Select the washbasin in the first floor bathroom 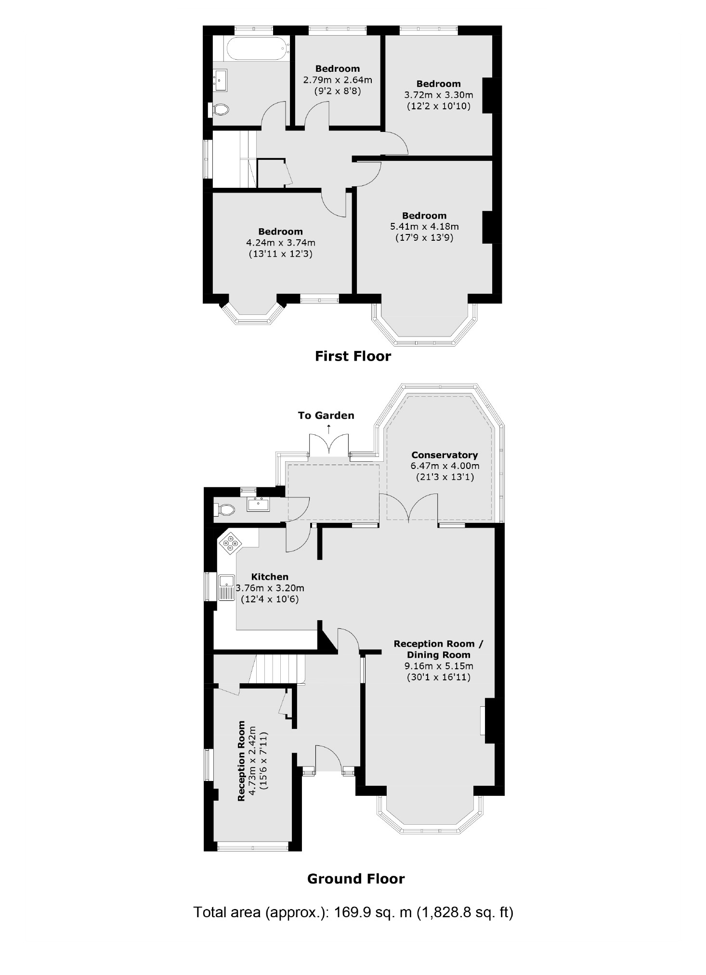click(221, 80)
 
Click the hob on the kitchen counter click(230, 543)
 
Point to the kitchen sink click(226, 587)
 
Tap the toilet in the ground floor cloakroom click(224, 509)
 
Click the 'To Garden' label click(326, 416)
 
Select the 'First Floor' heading click(353, 356)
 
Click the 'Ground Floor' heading click(356, 879)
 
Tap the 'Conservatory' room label click(444, 455)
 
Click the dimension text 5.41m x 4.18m click(424, 226)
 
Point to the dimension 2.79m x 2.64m click(337, 79)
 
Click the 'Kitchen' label click(270, 577)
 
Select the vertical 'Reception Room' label click(242, 761)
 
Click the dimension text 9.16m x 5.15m click(438, 666)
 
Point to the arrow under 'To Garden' click(329, 427)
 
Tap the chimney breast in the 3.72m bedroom click(487, 95)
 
